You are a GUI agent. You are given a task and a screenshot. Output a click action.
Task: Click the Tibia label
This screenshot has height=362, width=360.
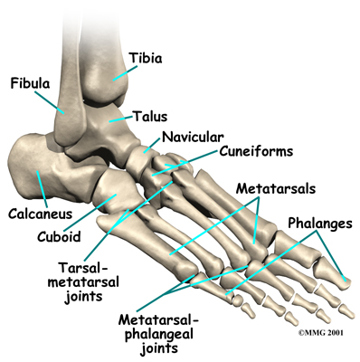(147, 57)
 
